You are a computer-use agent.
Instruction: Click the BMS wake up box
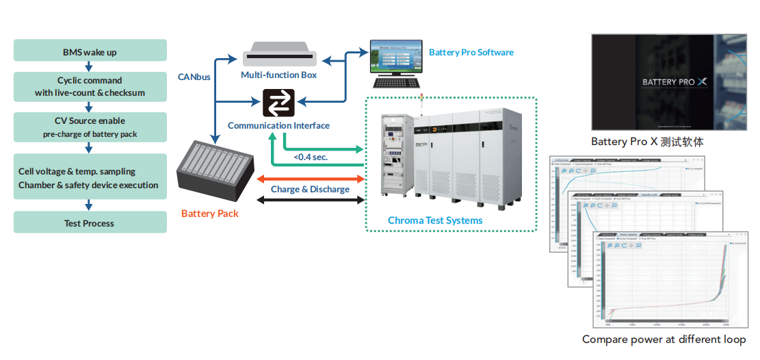coord(90,51)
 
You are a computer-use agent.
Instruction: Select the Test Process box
coord(90,223)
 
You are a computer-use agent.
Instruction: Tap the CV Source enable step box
coord(90,127)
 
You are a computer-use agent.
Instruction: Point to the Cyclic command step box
coord(90,86)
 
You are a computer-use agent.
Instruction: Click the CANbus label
coord(194,77)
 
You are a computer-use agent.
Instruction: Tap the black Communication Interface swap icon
coord(279,103)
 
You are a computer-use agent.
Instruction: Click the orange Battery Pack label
coord(210,214)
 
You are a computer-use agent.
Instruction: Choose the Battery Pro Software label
coord(471,52)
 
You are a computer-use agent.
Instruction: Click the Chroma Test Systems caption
coord(435,220)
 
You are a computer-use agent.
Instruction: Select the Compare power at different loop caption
coord(664,339)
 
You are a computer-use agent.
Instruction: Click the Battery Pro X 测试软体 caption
coord(647,142)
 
